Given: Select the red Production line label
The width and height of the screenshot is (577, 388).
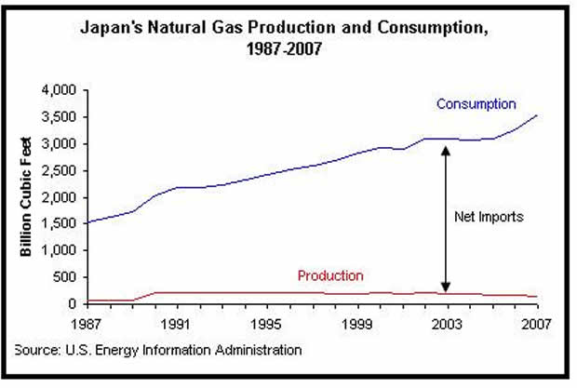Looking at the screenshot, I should point(330,275).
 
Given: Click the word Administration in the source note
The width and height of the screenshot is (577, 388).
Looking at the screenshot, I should point(259,350).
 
